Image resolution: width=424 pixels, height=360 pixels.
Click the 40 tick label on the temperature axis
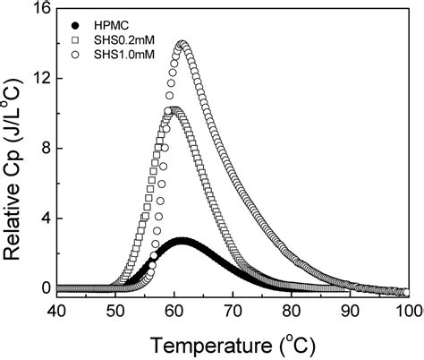(x=55, y=311)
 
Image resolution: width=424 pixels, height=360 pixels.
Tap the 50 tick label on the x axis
(x=114, y=311)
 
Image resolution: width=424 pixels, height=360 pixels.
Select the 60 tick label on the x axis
(x=174, y=311)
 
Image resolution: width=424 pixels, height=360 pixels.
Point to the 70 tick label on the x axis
(x=233, y=311)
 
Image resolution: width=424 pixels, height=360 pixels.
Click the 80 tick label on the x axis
(x=292, y=311)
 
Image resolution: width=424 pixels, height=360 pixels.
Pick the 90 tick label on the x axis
(x=351, y=311)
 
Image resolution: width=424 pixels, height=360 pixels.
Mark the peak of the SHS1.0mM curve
(x=182, y=44)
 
